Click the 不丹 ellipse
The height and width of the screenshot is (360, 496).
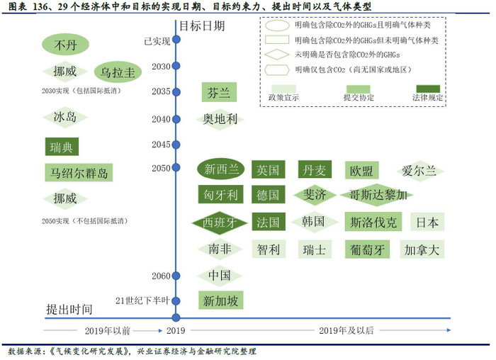pyautogui.click(x=65, y=46)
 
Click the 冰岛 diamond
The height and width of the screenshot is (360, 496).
pyautogui.click(x=65, y=118)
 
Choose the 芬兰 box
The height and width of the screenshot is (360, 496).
pyautogui.click(x=218, y=93)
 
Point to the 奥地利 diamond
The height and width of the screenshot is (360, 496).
pyautogui.click(x=219, y=119)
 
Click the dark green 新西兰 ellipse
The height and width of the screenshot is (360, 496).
pyautogui.click(x=221, y=169)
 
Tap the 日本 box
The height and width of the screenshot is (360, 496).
pyautogui.click(x=427, y=222)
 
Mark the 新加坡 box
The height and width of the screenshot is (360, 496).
pyautogui.click(x=220, y=300)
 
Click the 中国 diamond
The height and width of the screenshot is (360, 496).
pyautogui.click(x=220, y=275)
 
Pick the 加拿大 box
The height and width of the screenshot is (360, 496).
pyautogui.click(x=422, y=249)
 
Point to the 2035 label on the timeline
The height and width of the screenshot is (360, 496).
pyautogui.click(x=161, y=92)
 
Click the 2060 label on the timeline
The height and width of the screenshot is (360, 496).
pyautogui.click(x=161, y=275)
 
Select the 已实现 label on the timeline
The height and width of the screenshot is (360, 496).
pyautogui.click(x=157, y=41)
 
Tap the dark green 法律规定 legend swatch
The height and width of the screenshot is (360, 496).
pyautogui.click(x=427, y=88)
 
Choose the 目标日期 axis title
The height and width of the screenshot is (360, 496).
pyautogui.click(x=201, y=26)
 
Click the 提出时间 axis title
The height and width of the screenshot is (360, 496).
pyautogui.click(x=69, y=309)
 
